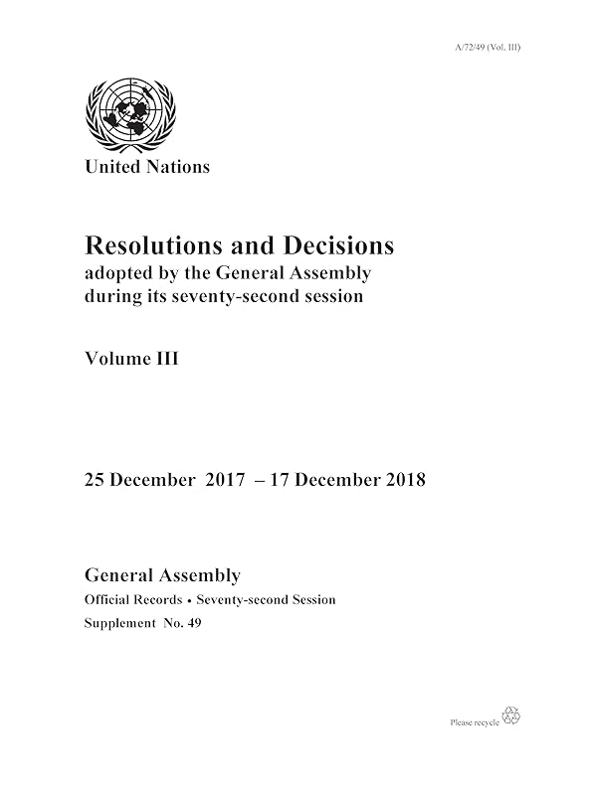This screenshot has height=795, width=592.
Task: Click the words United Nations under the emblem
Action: pyautogui.click(x=148, y=167)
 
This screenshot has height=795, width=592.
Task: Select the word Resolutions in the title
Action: pyautogui.click(x=148, y=244)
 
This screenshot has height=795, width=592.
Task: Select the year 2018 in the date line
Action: pyautogui.click(x=403, y=480)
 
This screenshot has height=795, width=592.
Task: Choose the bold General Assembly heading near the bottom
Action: pyautogui.click(x=163, y=575)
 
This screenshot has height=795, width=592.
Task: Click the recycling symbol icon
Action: pyautogui.click(x=512, y=715)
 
